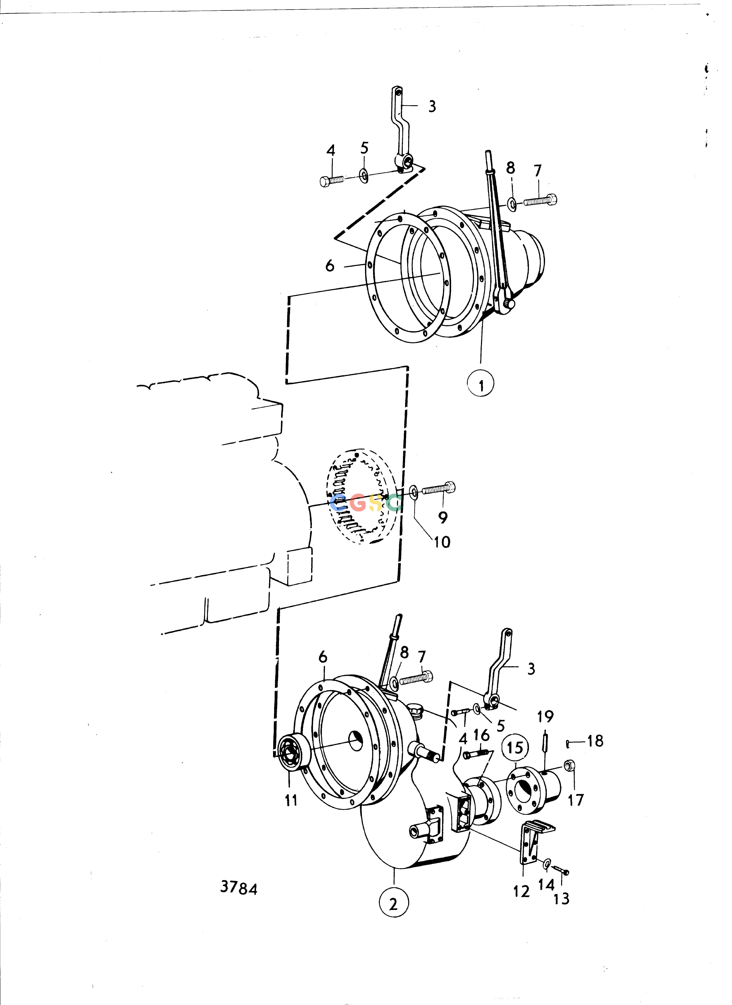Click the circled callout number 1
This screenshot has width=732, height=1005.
pyautogui.click(x=481, y=384)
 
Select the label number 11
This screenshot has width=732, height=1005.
pyautogui.click(x=291, y=800)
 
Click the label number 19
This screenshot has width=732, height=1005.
pyautogui.click(x=545, y=717)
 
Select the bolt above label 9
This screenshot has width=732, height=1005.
pyautogui.click(x=439, y=489)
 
